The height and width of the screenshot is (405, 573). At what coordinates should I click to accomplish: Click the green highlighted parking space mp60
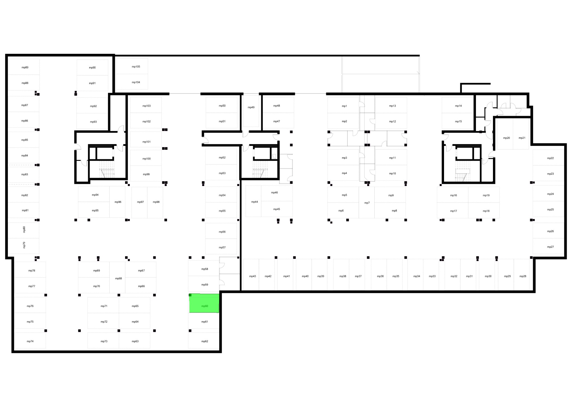pos(204,303)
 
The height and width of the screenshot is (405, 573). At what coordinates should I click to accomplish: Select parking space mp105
pos(132,66)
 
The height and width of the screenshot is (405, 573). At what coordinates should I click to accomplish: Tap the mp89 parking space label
pos(25,67)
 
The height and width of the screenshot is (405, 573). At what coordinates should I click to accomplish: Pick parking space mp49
pos(251,111)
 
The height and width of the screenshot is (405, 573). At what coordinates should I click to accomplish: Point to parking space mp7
pos(367,202)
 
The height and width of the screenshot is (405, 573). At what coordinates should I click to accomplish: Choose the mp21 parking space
pos(521,134)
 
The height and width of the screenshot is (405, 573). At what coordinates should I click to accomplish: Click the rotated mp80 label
pos(24,229)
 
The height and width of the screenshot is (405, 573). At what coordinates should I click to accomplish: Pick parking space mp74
pos(30,341)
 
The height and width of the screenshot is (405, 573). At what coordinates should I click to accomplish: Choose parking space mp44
pos(253,201)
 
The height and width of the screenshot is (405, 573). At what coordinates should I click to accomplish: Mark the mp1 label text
pos(344,106)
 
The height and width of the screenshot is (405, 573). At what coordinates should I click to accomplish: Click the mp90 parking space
pos(92,67)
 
